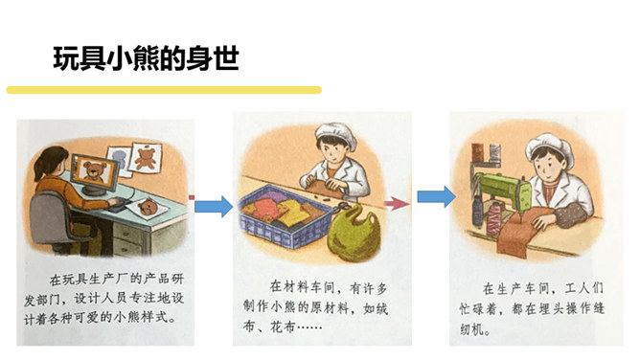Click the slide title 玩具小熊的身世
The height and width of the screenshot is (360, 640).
[x=147, y=58]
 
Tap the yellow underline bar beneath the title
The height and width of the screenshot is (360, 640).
[x=164, y=90]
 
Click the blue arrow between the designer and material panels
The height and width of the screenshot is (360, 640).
[x=214, y=206]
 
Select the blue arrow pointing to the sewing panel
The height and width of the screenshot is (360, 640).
[x=436, y=196]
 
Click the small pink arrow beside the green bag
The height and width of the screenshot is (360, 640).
[x=397, y=203]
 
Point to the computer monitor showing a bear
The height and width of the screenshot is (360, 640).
[x=95, y=173]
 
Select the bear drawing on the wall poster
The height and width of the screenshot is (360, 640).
[x=147, y=158]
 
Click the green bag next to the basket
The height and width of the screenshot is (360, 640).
[x=354, y=234]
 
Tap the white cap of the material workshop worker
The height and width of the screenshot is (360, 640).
[x=336, y=134]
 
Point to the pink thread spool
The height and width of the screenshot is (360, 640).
[x=493, y=219]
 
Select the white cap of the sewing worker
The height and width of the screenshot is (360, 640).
[x=549, y=146]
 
